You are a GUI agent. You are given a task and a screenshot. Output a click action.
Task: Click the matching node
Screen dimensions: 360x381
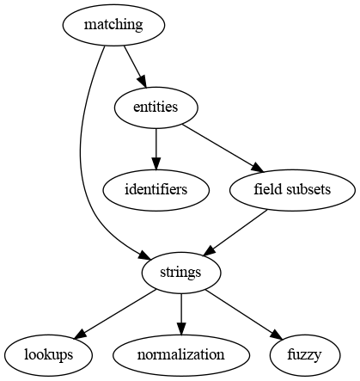pos(113,25)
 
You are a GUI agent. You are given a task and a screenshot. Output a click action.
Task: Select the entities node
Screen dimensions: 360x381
pos(156,108)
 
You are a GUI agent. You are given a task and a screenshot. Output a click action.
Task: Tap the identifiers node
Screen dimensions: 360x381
pos(156,190)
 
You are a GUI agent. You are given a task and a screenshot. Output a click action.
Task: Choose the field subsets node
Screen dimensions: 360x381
pos(292,190)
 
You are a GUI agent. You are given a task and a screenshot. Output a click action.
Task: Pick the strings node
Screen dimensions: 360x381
pos(181,273)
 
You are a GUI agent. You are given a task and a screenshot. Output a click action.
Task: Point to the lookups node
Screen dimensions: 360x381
pos(48,355)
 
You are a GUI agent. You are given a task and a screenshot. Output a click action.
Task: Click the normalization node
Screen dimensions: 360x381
pos(181,355)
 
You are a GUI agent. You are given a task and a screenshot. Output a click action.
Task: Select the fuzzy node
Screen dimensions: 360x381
pos(305,355)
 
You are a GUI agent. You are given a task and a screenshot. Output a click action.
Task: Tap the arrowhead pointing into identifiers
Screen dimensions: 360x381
pos(156,163)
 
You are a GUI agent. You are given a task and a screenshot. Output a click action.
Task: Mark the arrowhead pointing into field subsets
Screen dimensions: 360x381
pos(257,167)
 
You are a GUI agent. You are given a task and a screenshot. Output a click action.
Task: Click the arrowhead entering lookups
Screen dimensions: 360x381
pos(80,335)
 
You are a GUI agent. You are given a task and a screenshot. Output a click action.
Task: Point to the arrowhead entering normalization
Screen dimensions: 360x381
pos(181,329)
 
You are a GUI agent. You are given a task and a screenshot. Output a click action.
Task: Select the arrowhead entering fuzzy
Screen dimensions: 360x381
pos(277,335)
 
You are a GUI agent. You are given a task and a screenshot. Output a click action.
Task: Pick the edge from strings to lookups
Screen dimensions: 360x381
pos(115,315)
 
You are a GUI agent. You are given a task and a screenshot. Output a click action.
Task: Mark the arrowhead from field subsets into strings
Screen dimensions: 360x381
pos(209,251)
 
